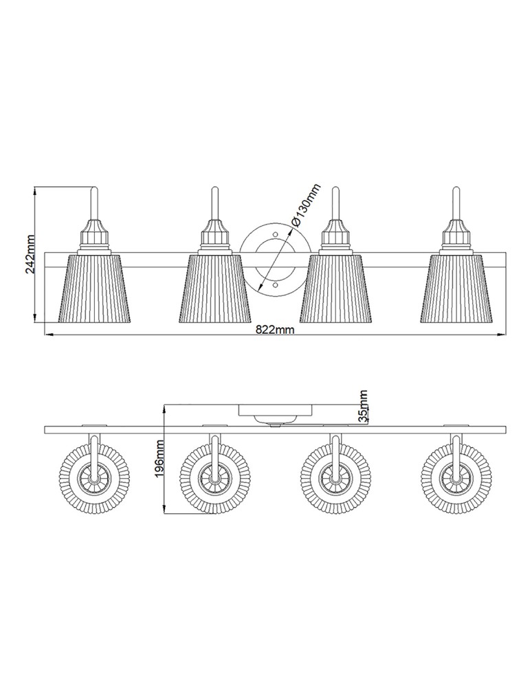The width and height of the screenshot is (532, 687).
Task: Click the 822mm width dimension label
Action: click(275, 329)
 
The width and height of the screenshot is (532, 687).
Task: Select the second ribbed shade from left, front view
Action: click(215, 288)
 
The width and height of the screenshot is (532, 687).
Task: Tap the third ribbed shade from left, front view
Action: click(335, 288)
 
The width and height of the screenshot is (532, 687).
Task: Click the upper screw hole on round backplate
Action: click(276, 236)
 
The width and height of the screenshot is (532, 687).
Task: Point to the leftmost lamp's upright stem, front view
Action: click(94, 203)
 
